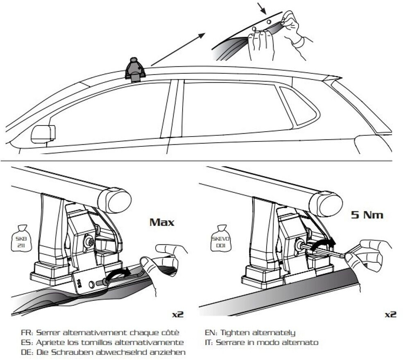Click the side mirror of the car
(43, 134)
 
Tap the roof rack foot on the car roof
(135, 70)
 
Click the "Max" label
(162, 222)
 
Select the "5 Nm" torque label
(367, 214)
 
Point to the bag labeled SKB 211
(21, 238)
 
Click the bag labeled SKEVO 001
(220, 238)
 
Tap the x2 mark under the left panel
(178, 314)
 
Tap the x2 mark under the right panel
(390, 314)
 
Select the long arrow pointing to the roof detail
(179, 50)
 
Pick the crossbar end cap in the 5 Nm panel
(326, 203)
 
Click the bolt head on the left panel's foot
(89, 242)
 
